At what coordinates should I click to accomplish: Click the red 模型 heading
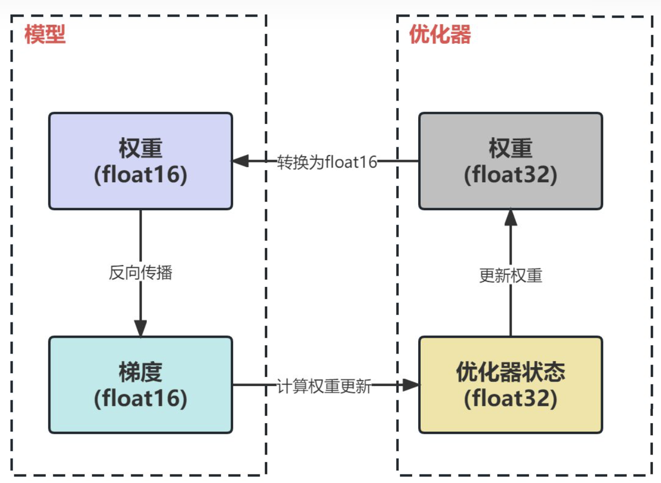(x=45, y=34)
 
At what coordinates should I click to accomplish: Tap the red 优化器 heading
(x=440, y=34)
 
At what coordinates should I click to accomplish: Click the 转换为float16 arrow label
(x=327, y=162)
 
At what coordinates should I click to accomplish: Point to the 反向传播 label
(x=141, y=273)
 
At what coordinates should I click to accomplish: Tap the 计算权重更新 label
(x=324, y=386)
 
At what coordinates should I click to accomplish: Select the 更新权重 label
(x=511, y=275)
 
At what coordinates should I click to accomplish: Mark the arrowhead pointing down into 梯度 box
(x=141, y=328)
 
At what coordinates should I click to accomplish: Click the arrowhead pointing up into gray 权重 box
(x=511, y=217)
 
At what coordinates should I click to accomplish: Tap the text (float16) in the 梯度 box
(x=141, y=398)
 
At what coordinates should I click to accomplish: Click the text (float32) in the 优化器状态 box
(x=511, y=398)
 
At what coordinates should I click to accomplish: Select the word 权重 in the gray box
(x=511, y=148)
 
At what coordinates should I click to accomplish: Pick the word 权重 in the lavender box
(x=141, y=148)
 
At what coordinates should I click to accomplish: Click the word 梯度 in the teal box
(x=141, y=372)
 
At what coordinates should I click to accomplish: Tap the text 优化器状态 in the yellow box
(x=511, y=372)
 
